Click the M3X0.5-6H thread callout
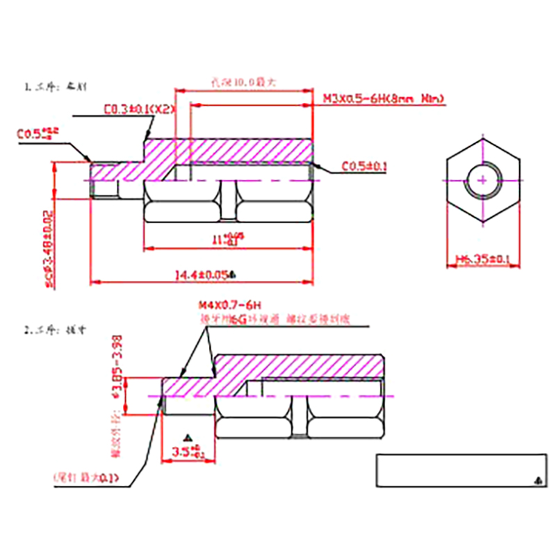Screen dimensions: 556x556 point(383,99)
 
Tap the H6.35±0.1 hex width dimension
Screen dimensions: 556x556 point(483,260)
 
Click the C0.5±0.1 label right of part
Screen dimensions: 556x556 point(364,167)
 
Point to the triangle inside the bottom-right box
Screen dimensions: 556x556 point(538,480)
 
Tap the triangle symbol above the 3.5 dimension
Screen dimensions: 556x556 point(186,438)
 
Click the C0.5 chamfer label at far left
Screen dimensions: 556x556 point(39,132)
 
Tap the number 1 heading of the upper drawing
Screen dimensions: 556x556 point(28,88)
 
